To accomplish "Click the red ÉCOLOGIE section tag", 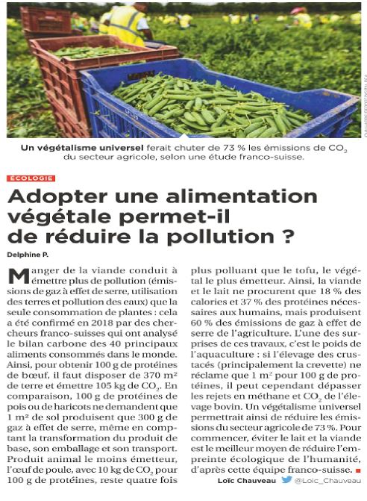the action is (x=31, y=178).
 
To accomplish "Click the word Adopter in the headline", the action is (x=49, y=197).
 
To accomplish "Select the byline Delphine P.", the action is (x=28, y=255).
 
